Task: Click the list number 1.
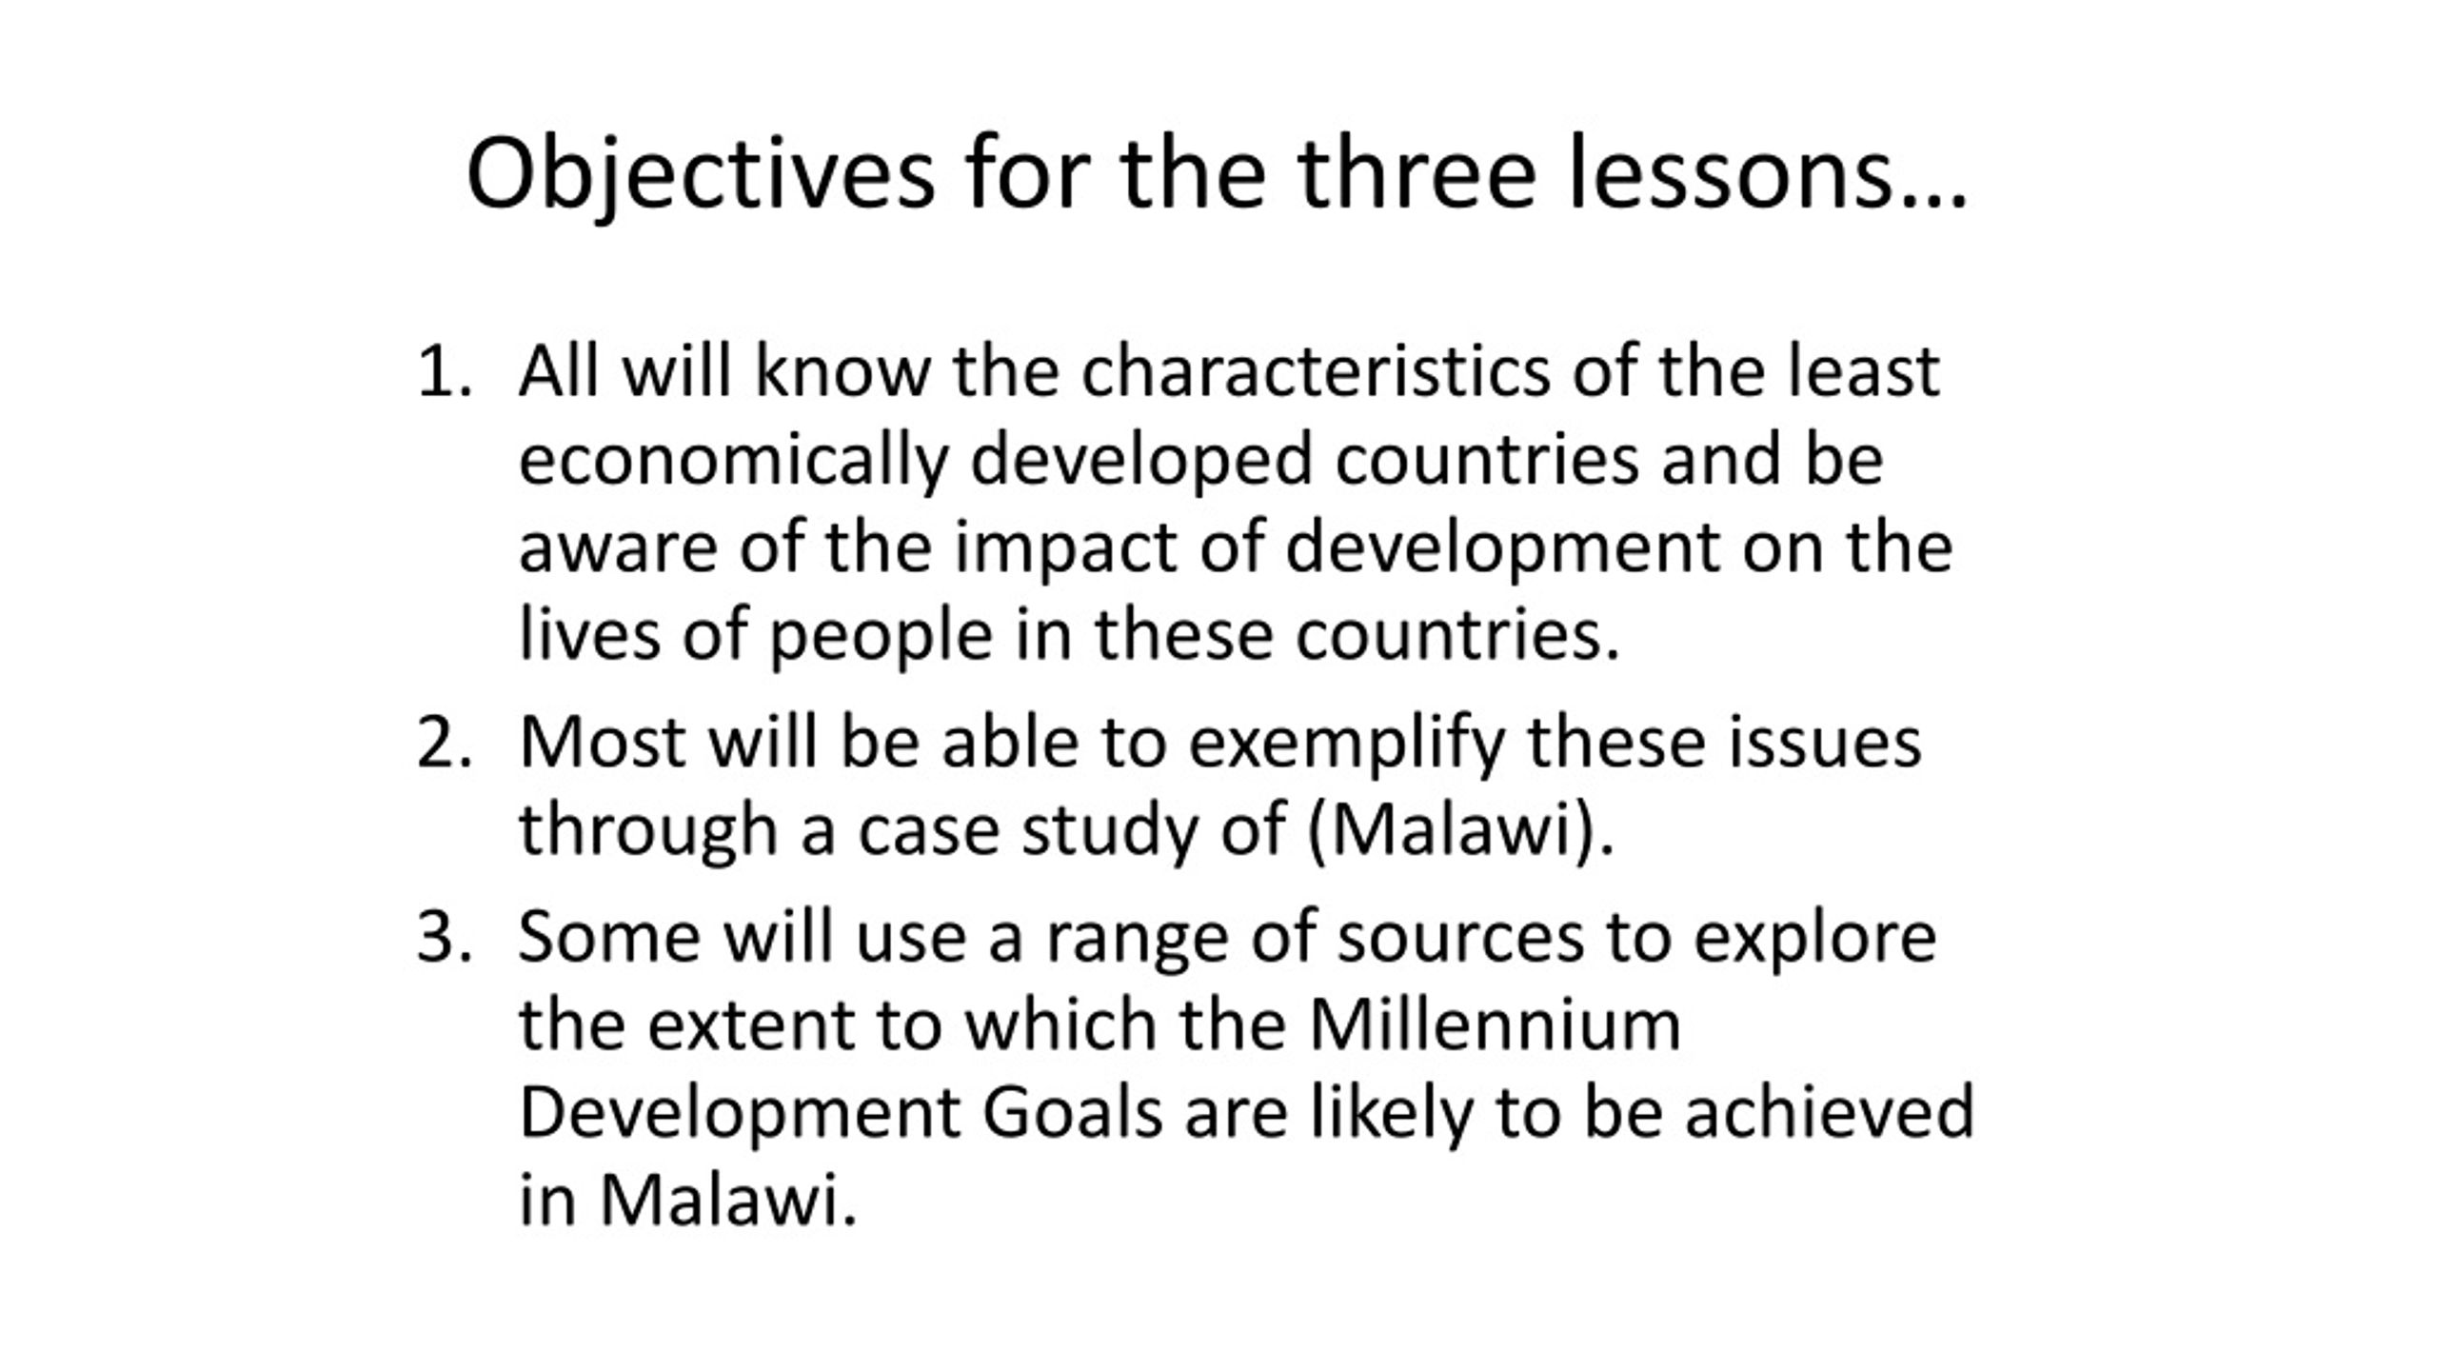[x=445, y=371]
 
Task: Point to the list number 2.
[x=445, y=742]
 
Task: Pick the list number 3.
[x=445, y=937]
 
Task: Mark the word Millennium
[x=1495, y=1024]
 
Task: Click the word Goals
[x=1072, y=1113]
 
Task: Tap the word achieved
[x=1829, y=1112]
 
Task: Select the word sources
[x=1460, y=937]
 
